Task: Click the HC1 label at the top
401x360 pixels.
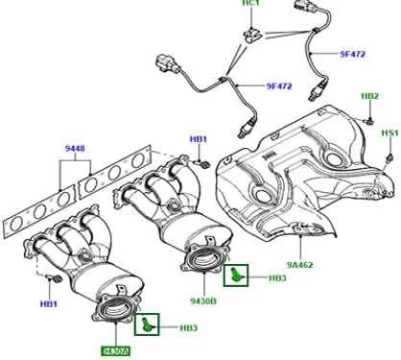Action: click(x=250, y=6)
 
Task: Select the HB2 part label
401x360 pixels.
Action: click(x=369, y=97)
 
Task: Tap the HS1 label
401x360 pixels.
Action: click(x=389, y=132)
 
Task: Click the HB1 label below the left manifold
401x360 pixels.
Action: click(x=46, y=305)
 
